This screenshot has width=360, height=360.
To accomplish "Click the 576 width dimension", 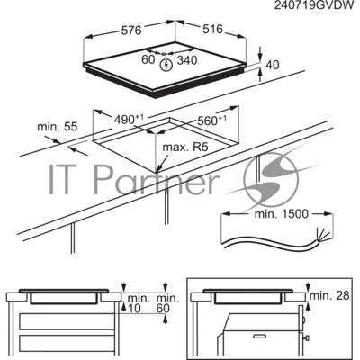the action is pos(131,30).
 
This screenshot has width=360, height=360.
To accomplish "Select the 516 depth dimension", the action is pos(212,29).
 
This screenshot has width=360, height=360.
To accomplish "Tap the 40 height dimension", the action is pos(273,65).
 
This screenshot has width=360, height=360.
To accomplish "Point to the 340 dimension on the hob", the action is pos(187,60).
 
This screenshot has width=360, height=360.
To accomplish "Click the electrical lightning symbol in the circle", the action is pos(166,65).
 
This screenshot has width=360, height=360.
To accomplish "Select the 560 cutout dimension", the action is pos(211,121).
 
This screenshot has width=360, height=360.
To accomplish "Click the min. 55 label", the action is pos(58,127).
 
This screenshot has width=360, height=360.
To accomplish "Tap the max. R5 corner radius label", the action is pos(185,148).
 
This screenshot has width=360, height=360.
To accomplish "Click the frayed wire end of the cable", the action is pos(323,236).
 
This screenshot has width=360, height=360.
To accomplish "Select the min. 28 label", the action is pos(329,295).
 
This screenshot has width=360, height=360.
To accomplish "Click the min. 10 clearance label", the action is pos(139,303).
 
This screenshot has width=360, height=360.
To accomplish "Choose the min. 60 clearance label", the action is pos(167,303).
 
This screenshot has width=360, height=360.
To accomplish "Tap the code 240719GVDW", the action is pos(314,5).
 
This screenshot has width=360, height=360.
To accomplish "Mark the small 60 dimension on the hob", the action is pos(148,59).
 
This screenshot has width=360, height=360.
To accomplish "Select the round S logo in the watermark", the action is pos(272,179).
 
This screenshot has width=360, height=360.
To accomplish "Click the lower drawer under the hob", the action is pos(67,343).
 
